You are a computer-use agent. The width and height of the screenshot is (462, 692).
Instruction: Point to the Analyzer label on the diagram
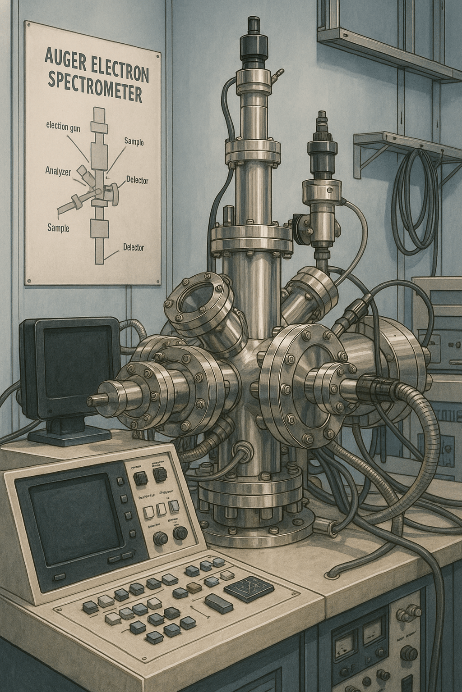pos(59,171)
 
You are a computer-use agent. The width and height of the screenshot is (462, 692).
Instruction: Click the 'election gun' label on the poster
pos(63,127)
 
